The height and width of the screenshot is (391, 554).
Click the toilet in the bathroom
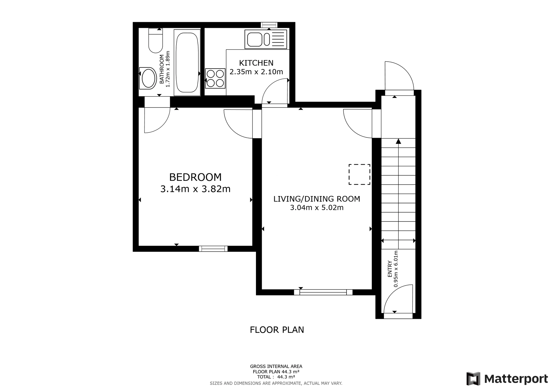coord(155,41)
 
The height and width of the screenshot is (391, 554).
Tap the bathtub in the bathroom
coord(187,63)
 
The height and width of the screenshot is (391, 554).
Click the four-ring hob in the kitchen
coord(215,79)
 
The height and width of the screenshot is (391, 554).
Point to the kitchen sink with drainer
coord(266,39)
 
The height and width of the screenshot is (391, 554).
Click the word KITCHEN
coord(256,63)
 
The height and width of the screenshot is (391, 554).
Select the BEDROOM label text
coord(195,177)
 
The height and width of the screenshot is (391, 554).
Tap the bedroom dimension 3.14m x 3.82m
coord(195,189)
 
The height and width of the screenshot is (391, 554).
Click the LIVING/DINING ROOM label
coord(317,199)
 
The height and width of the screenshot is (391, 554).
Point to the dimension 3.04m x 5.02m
coord(317,208)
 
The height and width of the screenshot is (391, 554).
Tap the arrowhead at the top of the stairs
coord(398,141)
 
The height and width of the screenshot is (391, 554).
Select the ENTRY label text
coord(390,269)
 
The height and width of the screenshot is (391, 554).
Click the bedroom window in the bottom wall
coord(213,249)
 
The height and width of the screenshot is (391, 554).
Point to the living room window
coord(323,292)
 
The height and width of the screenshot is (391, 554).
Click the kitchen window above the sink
coord(269,25)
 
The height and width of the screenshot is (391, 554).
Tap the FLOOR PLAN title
coord(277,330)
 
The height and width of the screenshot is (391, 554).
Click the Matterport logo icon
coord(473,379)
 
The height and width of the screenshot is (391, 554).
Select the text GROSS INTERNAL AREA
coord(276,366)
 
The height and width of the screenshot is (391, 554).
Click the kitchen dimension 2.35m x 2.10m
coord(256,72)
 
